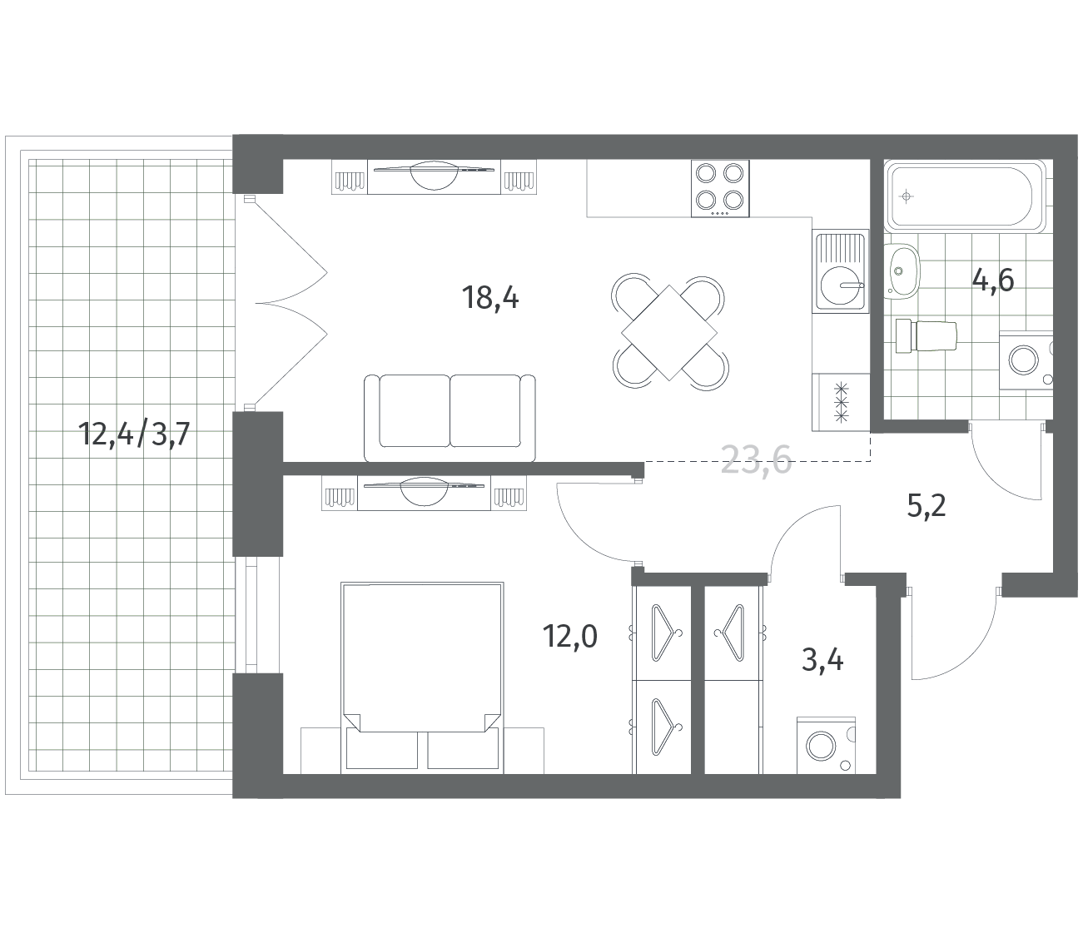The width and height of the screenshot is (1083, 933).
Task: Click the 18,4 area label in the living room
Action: (x=490, y=299)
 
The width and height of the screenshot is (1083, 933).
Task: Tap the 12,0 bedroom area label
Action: (x=569, y=637)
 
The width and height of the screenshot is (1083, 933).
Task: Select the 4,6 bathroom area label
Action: (x=993, y=280)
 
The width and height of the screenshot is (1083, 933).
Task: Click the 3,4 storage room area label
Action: (x=822, y=660)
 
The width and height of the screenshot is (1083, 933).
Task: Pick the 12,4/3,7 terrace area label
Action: (x=134, y=434)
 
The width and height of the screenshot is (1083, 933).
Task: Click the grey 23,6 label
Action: (x=756, y=459)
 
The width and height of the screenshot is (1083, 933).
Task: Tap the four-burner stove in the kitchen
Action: (x=720, y=188)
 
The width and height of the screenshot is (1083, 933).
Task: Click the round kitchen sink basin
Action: (x=841, y=286)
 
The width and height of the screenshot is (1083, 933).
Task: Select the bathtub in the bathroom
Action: (x=964, y=196)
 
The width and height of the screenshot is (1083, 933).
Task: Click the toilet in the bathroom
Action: (x=926, y=335)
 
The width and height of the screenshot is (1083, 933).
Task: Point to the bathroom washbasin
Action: (x=902, y=271)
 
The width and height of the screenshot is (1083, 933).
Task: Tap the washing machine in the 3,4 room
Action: (x=826, y=746)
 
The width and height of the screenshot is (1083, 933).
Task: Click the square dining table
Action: (x=669, y=332)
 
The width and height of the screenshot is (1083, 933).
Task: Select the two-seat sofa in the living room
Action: (x=450, y=418)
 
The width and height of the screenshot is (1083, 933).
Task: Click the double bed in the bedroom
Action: (x=422, y=677)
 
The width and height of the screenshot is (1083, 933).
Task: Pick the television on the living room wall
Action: (x=434, y=176)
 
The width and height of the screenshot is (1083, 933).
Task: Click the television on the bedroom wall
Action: (x=424, y=491)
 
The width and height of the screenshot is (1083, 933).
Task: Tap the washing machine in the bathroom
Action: (x=1026, y=360)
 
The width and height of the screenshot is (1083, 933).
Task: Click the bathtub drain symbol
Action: (x=906, y=196)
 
